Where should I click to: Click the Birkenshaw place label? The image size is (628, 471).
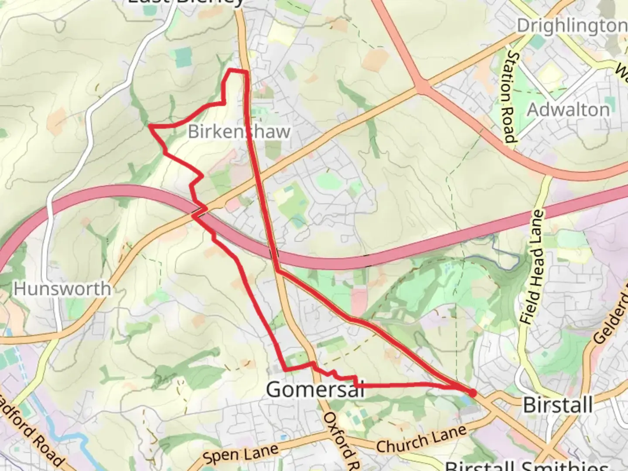[239, 131]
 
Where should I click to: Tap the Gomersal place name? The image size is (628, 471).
[315, 389]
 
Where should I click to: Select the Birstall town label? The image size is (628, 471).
[558, 405]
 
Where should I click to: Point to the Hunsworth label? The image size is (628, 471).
[62, 289]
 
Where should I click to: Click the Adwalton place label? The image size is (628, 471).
[568, 109]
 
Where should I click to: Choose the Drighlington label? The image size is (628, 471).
[571, 26]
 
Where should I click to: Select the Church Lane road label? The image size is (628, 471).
[421, 440]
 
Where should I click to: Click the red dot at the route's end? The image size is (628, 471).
[472, 393]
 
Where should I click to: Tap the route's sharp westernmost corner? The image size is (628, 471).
[150, 126]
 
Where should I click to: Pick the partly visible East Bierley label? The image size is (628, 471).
[185, 2]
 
